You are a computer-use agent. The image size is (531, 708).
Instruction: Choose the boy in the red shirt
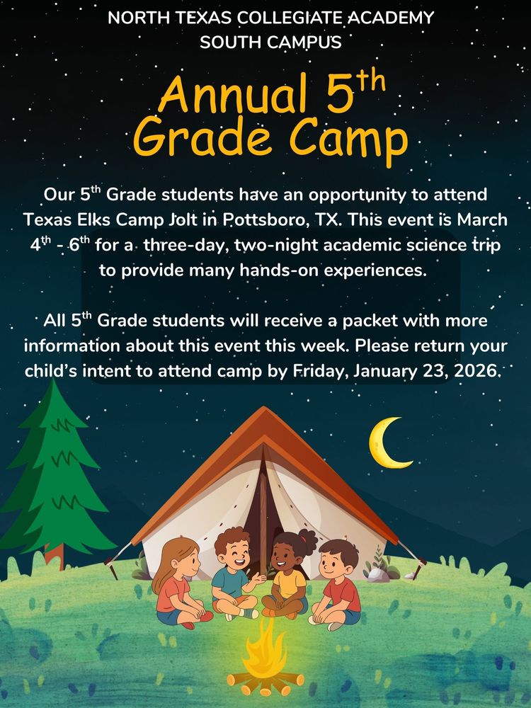coord(338,581)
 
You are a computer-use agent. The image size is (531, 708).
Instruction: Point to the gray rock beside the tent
coord(378,573)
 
